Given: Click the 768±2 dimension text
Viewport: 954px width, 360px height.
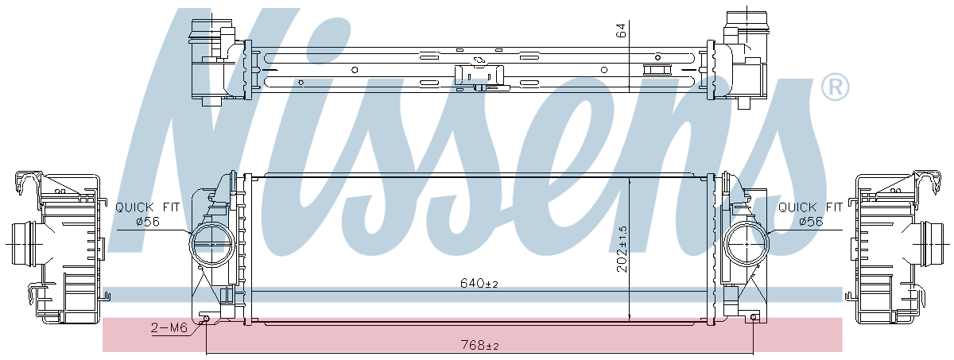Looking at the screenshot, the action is tap(479, 345).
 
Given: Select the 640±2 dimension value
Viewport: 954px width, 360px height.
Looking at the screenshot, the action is tap(479, 283).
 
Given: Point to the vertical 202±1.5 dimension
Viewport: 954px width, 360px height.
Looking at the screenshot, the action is tap(622, 249).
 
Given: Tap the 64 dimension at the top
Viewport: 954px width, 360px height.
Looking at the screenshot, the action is tap(622, 30).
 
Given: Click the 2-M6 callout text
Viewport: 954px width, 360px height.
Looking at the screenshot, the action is tap(169, 327).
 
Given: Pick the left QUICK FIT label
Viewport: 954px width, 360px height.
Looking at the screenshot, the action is tap(148, 207).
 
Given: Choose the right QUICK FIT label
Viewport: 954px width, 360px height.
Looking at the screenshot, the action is tap(810, 207).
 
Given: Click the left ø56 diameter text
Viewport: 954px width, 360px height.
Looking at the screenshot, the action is tap(148, 222).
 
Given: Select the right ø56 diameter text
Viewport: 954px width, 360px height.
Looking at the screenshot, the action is tap(811, 222).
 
